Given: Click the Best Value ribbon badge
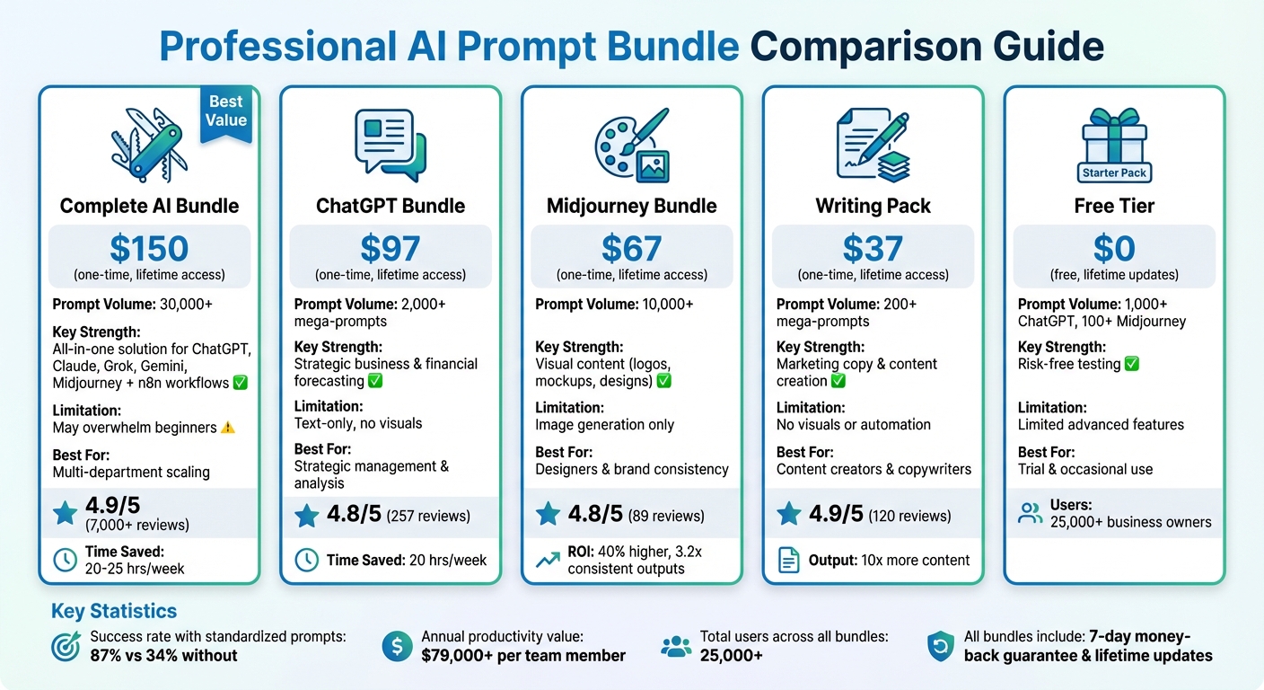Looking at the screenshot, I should click(x=225, y=112).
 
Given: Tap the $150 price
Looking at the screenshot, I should click(x=149, y=249).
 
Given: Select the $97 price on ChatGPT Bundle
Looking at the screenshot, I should click(x=391, y=249).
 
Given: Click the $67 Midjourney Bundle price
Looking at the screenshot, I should click(x=632, y=249).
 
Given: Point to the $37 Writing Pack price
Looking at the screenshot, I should click(x=873, y=249).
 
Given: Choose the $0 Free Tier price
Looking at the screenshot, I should click(x=1114, y=249).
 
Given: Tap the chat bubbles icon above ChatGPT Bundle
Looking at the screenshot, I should click(x=391, y=144).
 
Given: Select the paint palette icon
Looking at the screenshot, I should click(x=632, y=144).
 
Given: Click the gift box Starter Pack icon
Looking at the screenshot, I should click(x=1114, y=144).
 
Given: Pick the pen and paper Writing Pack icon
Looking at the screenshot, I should click(x=873, y=144).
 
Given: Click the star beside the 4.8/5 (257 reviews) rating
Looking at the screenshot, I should click(x=307, y=516).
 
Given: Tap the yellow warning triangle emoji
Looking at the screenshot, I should click(x=227, y=428).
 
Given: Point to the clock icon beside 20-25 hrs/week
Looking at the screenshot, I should click(x=66, y=560).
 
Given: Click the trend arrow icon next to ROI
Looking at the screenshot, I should click(x=548, y=560).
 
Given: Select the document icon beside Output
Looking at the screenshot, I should click(x=788, y=560).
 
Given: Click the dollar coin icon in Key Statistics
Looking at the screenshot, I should click(x=397, y=646).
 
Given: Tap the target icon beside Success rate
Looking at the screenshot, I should click(x=66, y=646).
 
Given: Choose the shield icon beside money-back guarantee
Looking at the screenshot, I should click(x=940, y=646).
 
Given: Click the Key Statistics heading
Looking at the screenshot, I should click(x=114, y=612).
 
